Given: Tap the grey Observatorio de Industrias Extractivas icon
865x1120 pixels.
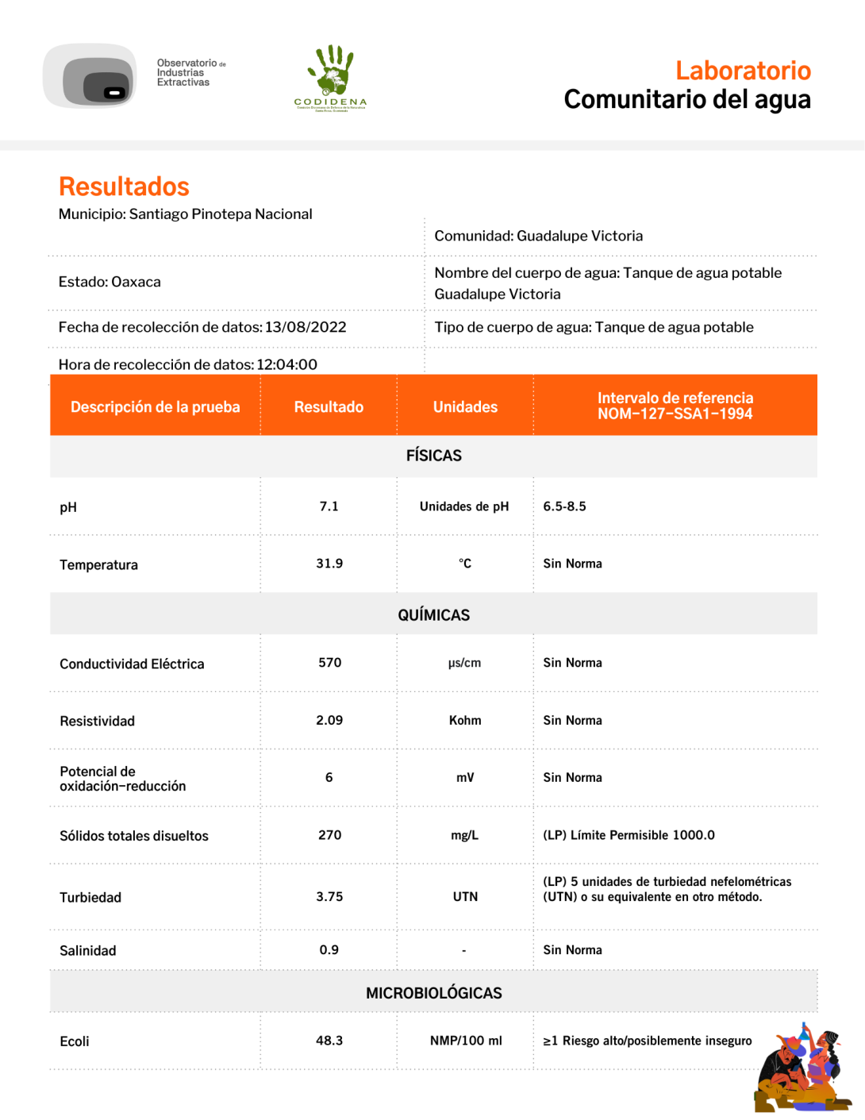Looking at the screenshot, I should coord(90,76).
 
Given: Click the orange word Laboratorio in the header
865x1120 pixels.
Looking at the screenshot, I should coord(743,71).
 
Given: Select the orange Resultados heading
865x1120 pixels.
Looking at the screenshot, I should coord(124,187).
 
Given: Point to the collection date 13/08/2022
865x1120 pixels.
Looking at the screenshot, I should coord(306,327).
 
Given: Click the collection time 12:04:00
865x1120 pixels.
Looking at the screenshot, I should coord(286,364).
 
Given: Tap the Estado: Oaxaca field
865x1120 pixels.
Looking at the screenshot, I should coord(110,282).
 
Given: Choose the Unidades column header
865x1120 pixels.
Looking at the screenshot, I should coord(465,406).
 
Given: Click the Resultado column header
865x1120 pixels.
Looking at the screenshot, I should coord(329,406).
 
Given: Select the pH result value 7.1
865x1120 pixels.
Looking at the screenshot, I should coord(329,506).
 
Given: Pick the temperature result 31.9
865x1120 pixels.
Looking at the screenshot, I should coord(329,564).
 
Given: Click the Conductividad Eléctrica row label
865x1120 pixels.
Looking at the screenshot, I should coord(132,664).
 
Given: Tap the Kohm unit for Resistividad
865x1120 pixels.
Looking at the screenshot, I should coord(465,721).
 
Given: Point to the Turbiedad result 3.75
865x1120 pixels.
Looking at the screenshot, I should coord(329,897).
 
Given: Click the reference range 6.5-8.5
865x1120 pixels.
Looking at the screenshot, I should coord(564,506).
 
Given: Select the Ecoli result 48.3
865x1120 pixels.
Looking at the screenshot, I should coord(329,1041).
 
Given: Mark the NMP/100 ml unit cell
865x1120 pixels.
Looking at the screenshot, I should coord(466,1041).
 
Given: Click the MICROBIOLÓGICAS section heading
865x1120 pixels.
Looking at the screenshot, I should coord(433,993).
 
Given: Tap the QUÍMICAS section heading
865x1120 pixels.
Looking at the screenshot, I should coord(433,615).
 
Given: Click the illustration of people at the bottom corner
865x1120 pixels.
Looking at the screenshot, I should coord(801,1068).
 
